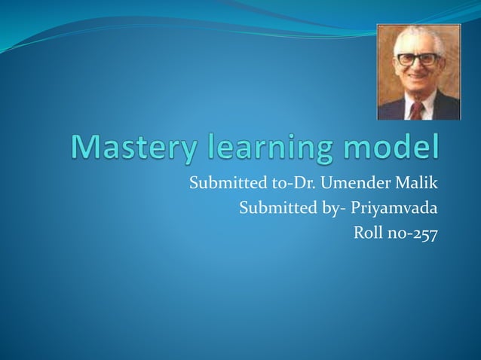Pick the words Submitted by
pos(277,207)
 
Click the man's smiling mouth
pos(417,85)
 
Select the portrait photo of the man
pos(418,72)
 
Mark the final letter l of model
pos(434,147)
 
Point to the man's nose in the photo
pos(417,72)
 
